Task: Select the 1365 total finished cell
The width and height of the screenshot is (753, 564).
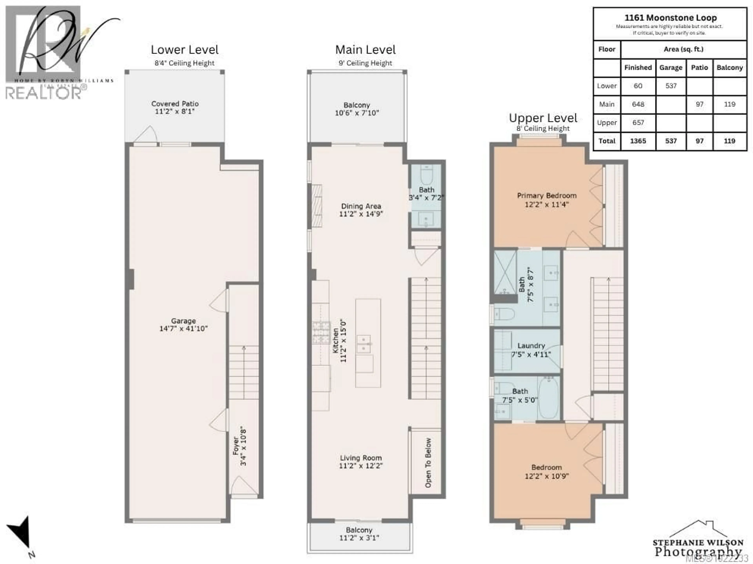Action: click(x=638, y=141)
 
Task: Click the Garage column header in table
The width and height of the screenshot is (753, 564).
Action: click(x=671, y=68)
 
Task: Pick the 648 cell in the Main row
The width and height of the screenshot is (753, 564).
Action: click(x=638, y=104)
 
